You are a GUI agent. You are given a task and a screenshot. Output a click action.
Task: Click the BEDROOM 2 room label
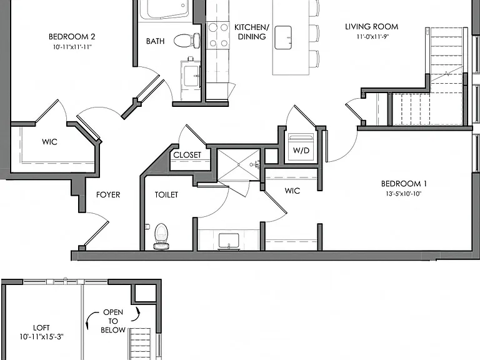pyautogui.click(x=72, y=37)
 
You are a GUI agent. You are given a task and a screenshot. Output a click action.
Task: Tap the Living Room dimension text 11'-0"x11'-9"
pyautogui.click(x=372, y=37)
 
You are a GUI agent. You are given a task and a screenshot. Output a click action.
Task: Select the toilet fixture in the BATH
pyautogui.click(x=187, y=40)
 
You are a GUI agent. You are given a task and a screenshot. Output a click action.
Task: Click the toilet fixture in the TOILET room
pyautogui.click(x=162, y=236)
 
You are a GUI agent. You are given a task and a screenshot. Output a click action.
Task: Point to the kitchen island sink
pyautogui.click(x=283, y=37)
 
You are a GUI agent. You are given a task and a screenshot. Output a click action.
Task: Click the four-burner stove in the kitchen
pyautogui.click(x=218, y=35)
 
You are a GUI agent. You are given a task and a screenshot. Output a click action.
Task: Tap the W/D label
pyautogui.click(x=301, y=150)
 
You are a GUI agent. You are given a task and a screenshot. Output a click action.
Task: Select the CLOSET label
pyautogui.click(x=187, y=155)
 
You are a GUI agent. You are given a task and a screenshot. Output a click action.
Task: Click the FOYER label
pyautogui.click(x=108, y=195)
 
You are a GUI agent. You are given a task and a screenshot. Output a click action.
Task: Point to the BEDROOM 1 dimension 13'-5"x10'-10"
pyautogui.click(x=404, y=194)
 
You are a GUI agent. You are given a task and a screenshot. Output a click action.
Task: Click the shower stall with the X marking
pyautogui.click(x=239, y=165)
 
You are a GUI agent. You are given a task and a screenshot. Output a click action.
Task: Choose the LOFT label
pyautogui.click(x=41, y=328)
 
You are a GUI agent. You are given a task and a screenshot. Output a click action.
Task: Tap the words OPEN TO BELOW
pyautogui.click(x=113, y=321)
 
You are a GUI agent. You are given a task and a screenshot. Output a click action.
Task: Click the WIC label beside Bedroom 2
pyautogui.click(x=49, y=142)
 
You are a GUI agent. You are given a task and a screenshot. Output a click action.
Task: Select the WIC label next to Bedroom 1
pyautogui.click(x=292, y=191)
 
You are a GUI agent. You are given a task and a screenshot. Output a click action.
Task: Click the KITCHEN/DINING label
pyautogui.click(x=252, y=32)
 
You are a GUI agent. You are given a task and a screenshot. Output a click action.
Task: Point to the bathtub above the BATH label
pyautogui.click(x=164, y=10)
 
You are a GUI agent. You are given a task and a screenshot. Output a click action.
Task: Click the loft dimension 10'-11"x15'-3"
pyautogui.click(x=41, y=337)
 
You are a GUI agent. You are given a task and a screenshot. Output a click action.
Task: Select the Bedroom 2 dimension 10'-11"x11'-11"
pyautogui.click(x=72, y=47)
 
